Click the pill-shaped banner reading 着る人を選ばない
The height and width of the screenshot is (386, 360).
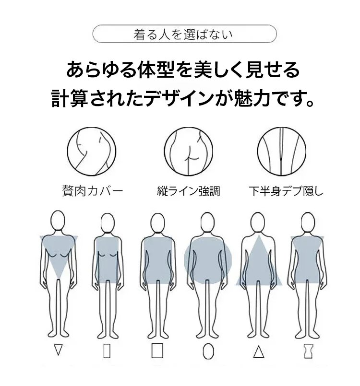pyautogui.click(x=184, y=34)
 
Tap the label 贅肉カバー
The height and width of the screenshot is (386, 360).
pyautogui.click(x=93, y=191)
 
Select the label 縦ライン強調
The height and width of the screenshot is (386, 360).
pyautogui.click(x=189, y=191)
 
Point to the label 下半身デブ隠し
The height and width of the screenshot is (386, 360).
pyautogui.click(x=286, y=191)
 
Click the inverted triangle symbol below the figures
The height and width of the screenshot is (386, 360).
pyautogui.click(x=58, y=350)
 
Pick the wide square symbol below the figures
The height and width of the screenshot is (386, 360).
pyautogui.click(x=157, y=351)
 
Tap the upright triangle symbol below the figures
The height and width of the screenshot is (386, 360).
pyautogui.click(x=259, y=351)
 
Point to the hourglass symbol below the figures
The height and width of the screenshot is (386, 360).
pyautogui.click(x=309, y=351)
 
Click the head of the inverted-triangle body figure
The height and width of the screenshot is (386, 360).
pyautogui.click(x=58, y=220)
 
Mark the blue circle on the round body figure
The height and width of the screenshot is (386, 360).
pyautogui.click(x=208, y=260)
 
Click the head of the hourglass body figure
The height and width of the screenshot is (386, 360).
pyautogui.click(x=308, y=222)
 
